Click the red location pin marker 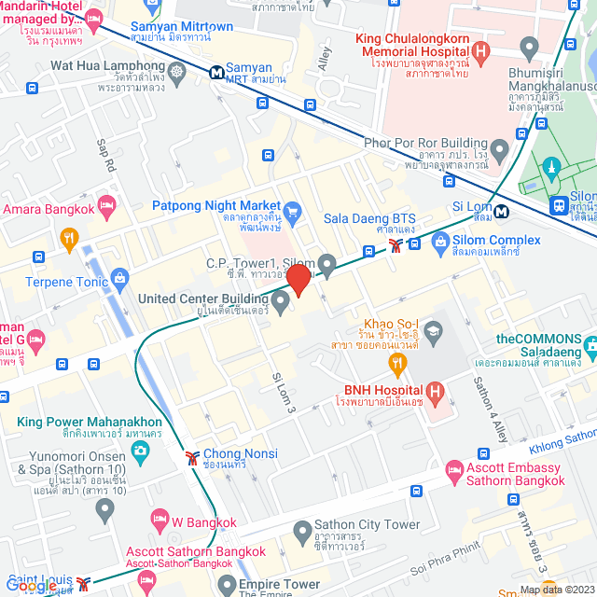[298, 280]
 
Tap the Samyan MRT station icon [216, 70]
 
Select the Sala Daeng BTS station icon [398, 245]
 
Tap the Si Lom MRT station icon [501, 211]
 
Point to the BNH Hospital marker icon [434, 390]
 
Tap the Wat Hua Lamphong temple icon [176, 68]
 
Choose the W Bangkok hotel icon [160, 518]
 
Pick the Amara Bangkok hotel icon [107, 203]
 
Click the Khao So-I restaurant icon [398, 362]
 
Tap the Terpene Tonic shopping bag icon [119, 277]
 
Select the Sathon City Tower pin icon [302, 533]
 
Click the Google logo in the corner [30, 585]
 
